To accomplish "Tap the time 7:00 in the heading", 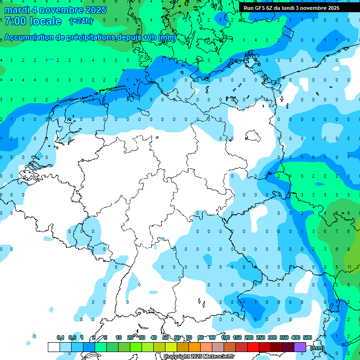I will pos(15,21).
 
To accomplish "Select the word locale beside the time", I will pos(45,21).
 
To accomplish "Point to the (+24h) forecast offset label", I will pos(81,21).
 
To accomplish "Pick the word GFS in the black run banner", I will pos(260,8).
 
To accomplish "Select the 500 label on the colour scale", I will pos(307,337).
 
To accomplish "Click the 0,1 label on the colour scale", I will pos(60,337).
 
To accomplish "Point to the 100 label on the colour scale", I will pos(225,337).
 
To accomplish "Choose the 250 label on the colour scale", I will pos(261,337).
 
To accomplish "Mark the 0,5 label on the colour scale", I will pos(72,337).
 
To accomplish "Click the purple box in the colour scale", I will pos(300,347).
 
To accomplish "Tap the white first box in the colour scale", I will pos(54,347).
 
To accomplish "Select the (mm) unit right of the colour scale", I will pos(317,348).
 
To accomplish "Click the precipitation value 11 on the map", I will pos(350,267).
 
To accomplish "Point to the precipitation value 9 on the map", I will pos(348,213).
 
